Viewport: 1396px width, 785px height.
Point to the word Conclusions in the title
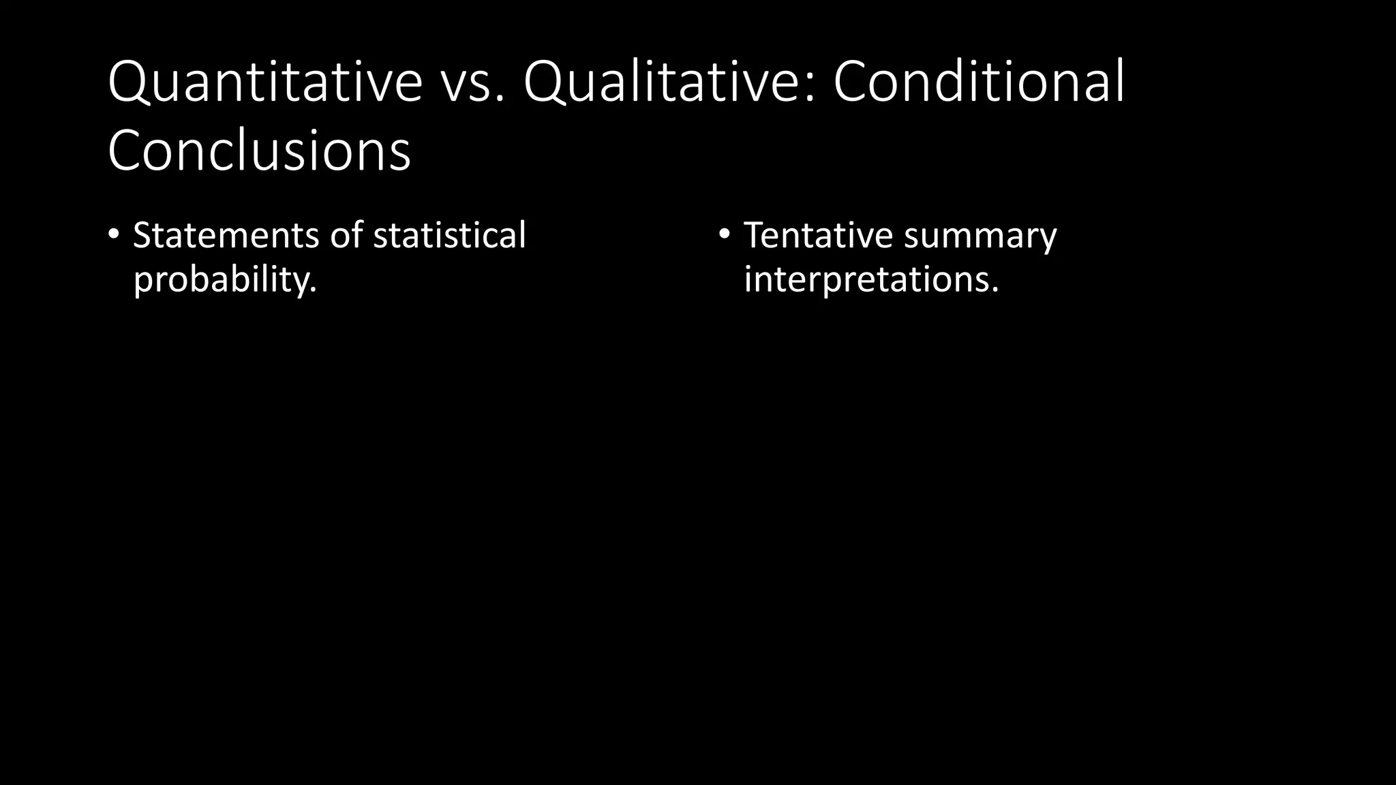[259, 150]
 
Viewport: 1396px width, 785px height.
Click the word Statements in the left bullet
[226, 235]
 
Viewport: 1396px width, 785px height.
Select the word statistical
[449, 235]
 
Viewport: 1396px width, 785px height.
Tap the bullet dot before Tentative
[724, 235]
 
